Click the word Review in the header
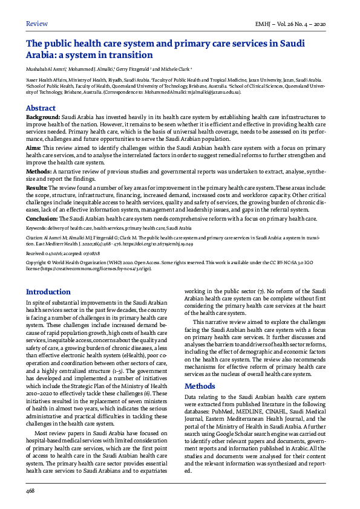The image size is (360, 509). tap(36, 24)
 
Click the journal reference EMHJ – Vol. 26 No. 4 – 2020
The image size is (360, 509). tap(291, 24)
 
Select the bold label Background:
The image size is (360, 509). tap(43, 116)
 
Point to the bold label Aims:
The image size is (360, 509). tap(34, 147)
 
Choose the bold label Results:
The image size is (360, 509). tap(39, 188)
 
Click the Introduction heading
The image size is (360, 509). tap(48, 291)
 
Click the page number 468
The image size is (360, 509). tap(30, 491)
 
